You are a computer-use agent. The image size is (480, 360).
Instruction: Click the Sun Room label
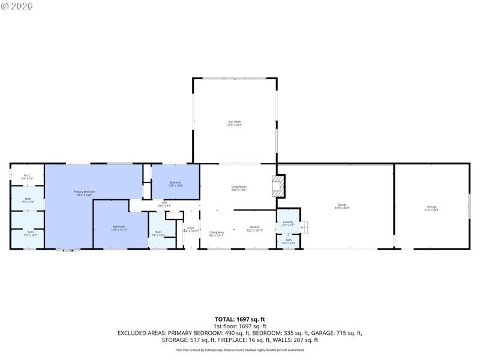click(234, 123)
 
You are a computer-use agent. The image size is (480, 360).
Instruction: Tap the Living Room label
click(239, 188)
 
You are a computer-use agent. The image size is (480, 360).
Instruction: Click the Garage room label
click(342, 206)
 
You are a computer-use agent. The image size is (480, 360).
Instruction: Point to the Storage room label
click(431, 208)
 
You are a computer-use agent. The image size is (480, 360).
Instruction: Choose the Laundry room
click(288, 223)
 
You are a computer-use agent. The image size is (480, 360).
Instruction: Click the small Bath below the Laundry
click(288, 241)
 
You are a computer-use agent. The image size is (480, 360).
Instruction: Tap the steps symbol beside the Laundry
click(305, 227)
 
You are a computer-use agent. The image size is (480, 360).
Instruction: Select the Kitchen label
click(254, 229)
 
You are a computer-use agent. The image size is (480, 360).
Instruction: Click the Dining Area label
click(216, 233)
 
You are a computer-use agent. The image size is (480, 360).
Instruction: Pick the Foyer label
click(190, 229)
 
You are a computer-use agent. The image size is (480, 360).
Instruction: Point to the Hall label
click(164, 205)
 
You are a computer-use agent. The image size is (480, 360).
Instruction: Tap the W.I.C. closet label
click(27, 177)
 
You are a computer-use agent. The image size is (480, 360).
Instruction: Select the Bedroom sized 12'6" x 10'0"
click(175, 183)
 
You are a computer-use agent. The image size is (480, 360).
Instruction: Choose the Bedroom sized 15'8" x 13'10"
click(119, 229)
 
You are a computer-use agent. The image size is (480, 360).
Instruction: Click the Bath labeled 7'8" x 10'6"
click(158, 233)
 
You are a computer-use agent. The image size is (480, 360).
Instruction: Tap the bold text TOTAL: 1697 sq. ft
click(240, 319)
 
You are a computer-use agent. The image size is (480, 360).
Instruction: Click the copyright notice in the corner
click(17, 6)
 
